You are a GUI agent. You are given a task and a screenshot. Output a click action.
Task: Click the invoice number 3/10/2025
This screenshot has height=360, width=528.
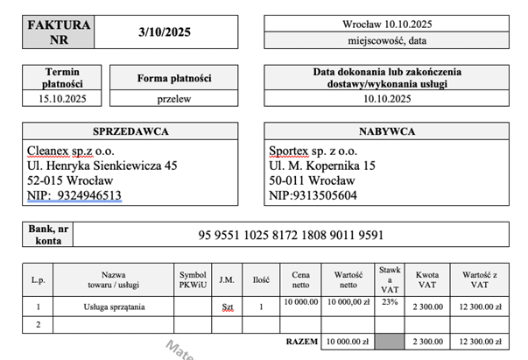165,32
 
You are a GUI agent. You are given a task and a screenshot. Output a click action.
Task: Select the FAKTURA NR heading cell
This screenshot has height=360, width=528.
60,32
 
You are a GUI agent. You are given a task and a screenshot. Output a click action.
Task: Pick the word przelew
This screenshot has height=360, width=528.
174,99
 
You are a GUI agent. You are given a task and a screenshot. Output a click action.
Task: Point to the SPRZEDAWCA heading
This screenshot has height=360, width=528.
130,131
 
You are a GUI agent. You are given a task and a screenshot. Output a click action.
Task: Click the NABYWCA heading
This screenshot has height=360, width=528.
386,131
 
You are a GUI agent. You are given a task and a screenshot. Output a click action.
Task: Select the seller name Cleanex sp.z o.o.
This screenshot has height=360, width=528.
74,150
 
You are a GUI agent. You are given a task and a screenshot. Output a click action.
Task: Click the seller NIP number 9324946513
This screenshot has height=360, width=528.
86,195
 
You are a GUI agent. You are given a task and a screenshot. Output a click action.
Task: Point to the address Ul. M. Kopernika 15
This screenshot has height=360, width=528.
322,165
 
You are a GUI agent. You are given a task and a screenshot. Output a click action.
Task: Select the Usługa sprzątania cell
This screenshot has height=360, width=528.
114,307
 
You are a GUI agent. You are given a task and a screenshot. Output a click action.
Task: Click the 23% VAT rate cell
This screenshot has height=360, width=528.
390,302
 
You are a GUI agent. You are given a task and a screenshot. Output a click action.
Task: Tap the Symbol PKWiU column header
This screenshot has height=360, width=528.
193,279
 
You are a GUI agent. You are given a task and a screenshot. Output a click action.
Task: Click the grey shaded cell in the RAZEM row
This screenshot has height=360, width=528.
390,342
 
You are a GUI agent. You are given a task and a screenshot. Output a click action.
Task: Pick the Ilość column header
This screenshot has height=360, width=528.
260,279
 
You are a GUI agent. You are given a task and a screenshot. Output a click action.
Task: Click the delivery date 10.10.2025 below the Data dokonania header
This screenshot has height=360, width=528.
386,99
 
